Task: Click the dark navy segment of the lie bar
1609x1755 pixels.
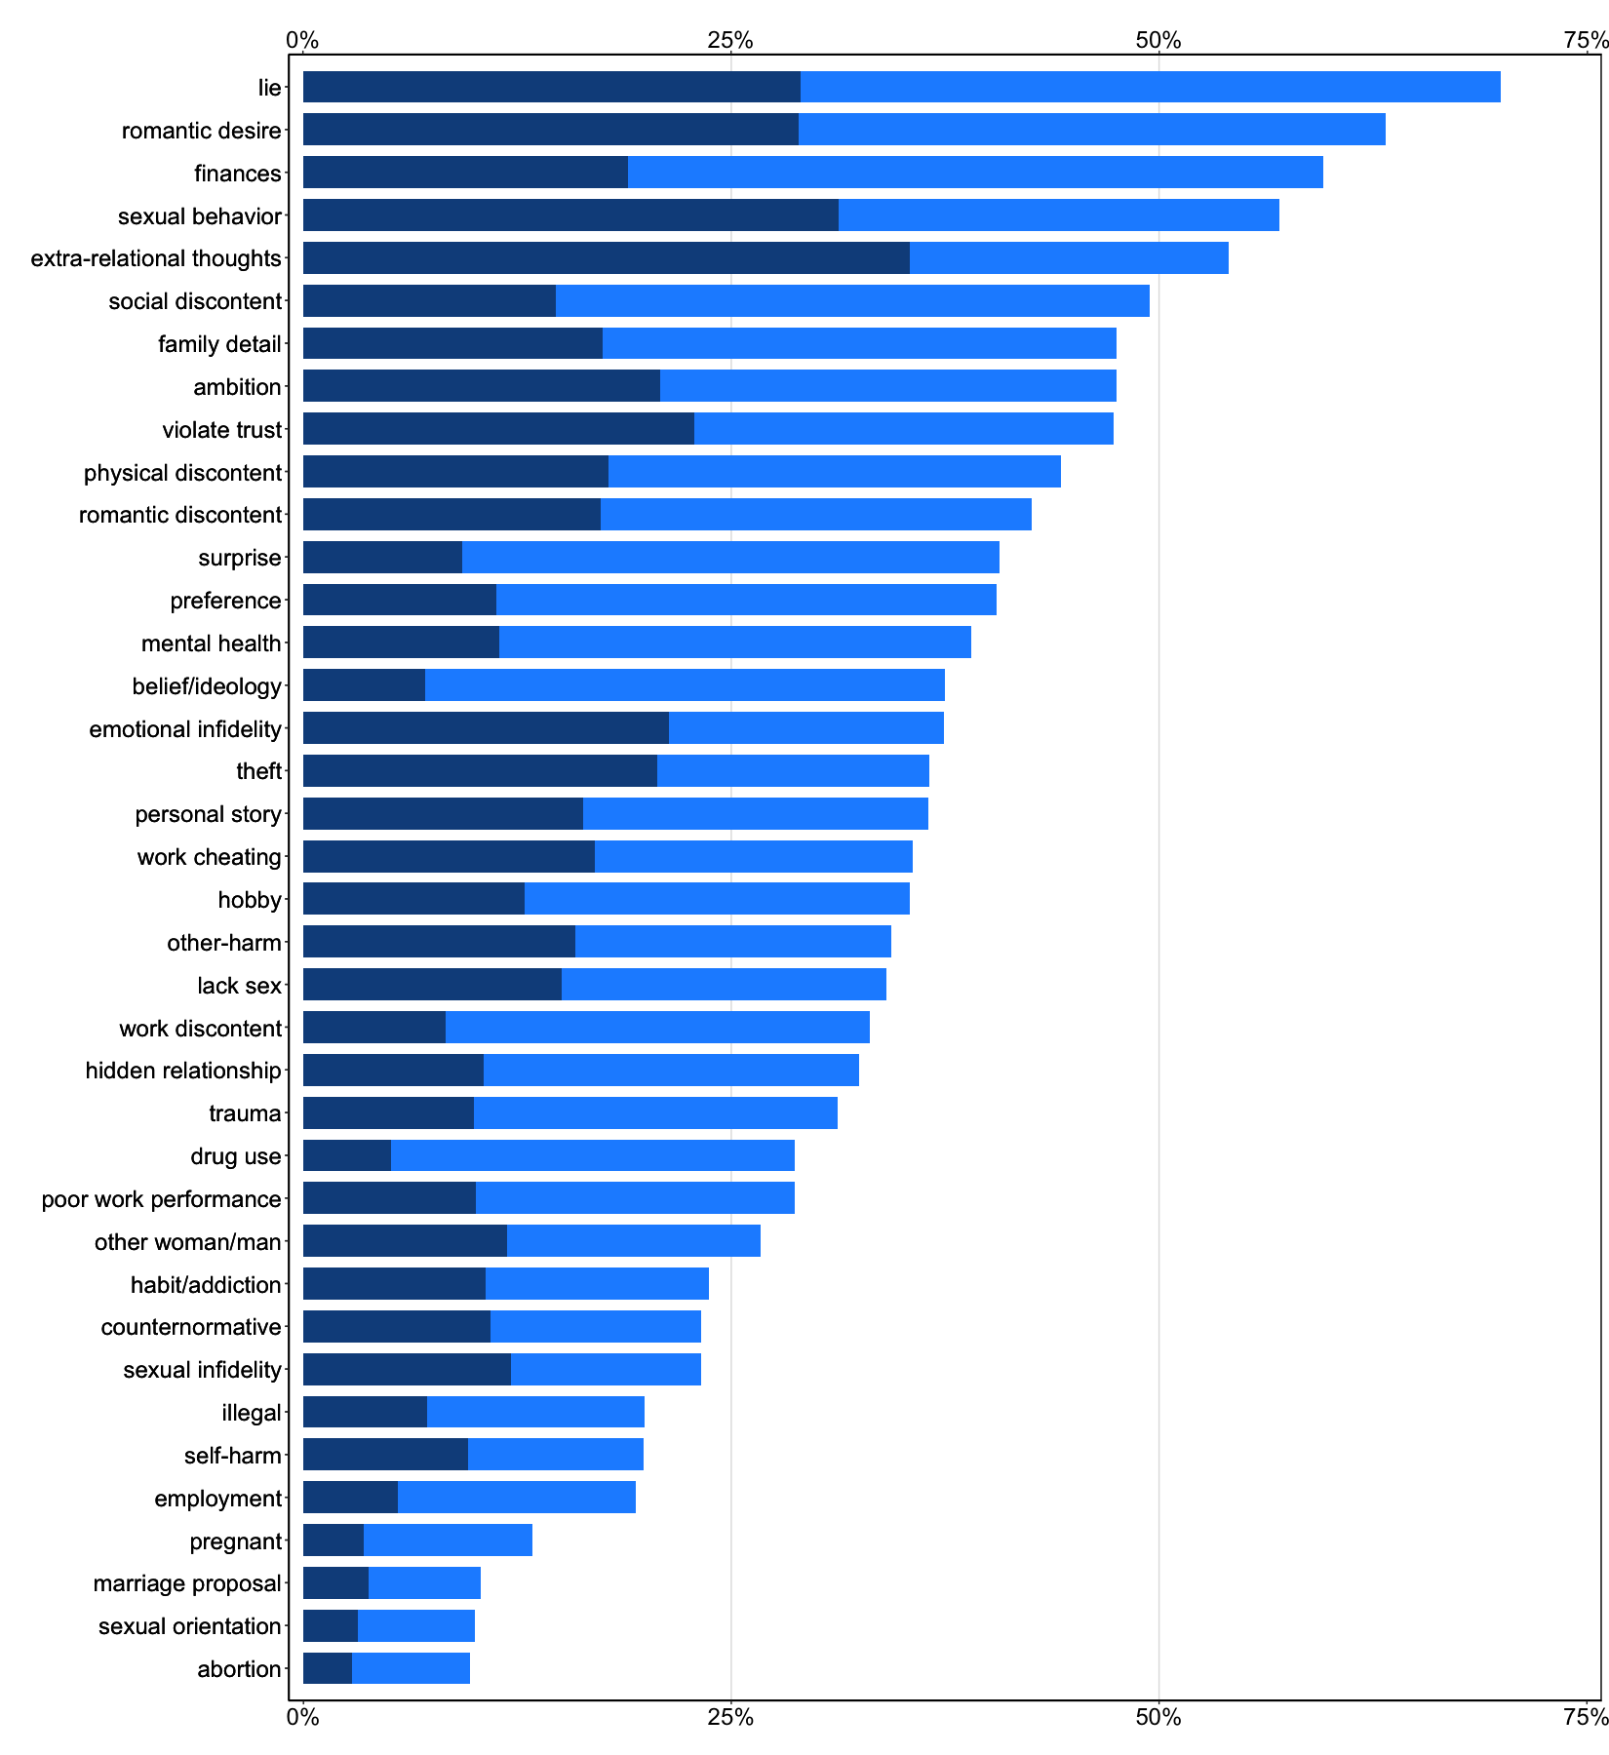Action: point(551,87)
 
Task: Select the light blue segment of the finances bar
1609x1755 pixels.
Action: point(975,173)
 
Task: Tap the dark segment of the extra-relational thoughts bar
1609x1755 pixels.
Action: point(606,258)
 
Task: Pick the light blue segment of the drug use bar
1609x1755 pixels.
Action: point(592,1156)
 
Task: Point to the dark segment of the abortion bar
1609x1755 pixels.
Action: point(327,1669)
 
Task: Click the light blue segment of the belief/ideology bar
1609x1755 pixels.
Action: point(685,685)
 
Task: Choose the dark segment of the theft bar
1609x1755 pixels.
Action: point(480,771)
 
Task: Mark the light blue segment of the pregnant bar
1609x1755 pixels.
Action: point(448,1541)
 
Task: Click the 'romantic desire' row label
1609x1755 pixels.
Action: point(201,131)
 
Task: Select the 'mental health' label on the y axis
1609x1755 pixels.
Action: point(211,643)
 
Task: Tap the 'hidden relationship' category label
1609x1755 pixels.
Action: point(183,1071)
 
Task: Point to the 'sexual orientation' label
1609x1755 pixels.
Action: point(189,1626)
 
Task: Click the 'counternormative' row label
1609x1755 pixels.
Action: point(191,1327)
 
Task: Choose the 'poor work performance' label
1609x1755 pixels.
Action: point(161,1199)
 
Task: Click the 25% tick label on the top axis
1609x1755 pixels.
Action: point(730,40)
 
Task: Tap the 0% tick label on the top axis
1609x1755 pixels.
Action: point(303,40)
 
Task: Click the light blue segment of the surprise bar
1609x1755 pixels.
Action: point(730,558)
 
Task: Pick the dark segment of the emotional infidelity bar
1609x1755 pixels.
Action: point(486,728)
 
